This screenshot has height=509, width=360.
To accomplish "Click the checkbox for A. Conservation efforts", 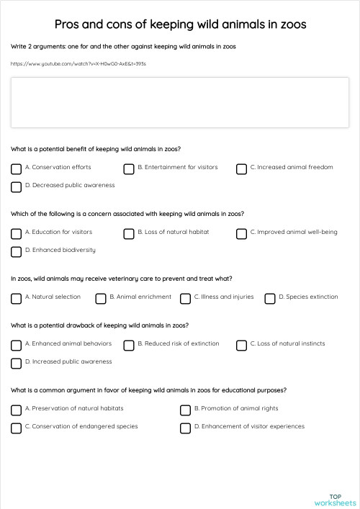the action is pos(16,168).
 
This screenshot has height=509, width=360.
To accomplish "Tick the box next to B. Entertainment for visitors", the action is pos(128,168).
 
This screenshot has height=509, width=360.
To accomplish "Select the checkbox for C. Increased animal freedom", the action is pos(241,168).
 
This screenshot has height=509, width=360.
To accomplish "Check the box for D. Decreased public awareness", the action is pos(16,187).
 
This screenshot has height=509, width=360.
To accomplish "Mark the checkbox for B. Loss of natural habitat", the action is pos(128,233).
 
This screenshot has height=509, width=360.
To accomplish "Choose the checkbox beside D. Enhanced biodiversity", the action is pos(16,252).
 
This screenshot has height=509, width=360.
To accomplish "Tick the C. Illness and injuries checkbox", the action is pos(185,298).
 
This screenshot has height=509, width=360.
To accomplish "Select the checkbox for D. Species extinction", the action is pos(269,298).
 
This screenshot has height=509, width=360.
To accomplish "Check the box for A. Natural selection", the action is pos(16,298).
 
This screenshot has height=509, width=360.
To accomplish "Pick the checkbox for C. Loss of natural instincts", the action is pos(241,345).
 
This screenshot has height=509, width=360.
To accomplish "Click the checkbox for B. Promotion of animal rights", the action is pos(185,410).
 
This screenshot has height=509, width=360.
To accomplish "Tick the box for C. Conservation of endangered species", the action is pos(16,428).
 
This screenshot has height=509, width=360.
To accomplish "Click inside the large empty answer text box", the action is pos(180,102).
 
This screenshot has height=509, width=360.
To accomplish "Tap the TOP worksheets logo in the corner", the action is pos(336,500).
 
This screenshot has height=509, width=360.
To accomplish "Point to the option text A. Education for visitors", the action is pos(58,233).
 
